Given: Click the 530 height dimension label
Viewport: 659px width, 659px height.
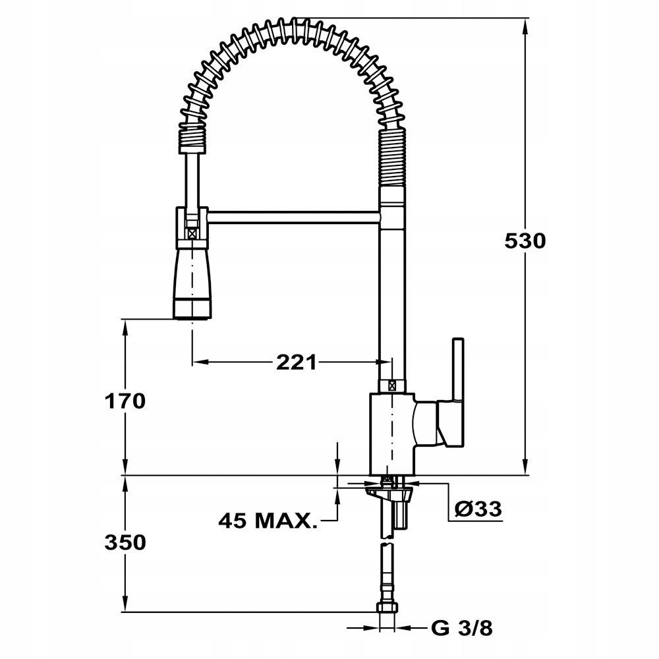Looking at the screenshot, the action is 525,242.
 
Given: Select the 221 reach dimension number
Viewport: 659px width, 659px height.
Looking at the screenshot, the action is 297,362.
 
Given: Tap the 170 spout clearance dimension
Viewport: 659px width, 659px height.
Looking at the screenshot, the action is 125,401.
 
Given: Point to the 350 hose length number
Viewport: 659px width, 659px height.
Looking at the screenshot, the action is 125,542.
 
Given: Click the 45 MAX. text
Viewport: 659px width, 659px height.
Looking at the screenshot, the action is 268,521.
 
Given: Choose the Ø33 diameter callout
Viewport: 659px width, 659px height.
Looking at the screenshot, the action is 478,509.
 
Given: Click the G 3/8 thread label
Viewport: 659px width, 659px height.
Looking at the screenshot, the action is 461,628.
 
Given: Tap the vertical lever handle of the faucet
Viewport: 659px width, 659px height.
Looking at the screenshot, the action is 458,392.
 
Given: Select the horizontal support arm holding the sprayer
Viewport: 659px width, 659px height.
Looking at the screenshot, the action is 294,217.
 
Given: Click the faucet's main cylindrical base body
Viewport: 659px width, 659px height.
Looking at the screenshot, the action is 392,434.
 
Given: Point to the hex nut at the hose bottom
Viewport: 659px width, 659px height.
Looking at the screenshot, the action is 387,608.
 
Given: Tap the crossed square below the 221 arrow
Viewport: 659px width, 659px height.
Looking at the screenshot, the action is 393,385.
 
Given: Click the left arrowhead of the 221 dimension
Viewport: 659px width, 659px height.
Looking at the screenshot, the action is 200,362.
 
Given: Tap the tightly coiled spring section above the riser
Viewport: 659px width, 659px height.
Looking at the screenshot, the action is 393,158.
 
